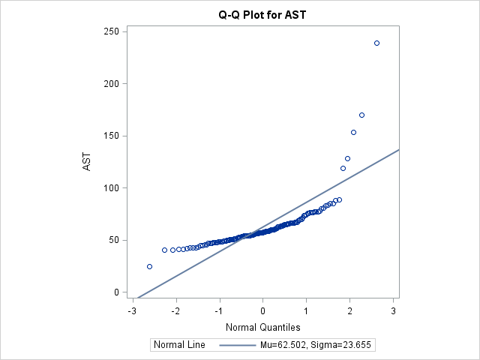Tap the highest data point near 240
coord(376,43)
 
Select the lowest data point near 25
coord(149,266)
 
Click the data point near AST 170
coord(361,115)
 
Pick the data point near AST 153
coord(353,132)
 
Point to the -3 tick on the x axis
coord(132,309)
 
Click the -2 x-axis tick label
coord(175,309)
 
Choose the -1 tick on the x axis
coord(219,309)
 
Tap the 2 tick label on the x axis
coord(349,309)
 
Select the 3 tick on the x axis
coord(393,309)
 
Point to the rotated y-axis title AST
coord(87,161)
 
